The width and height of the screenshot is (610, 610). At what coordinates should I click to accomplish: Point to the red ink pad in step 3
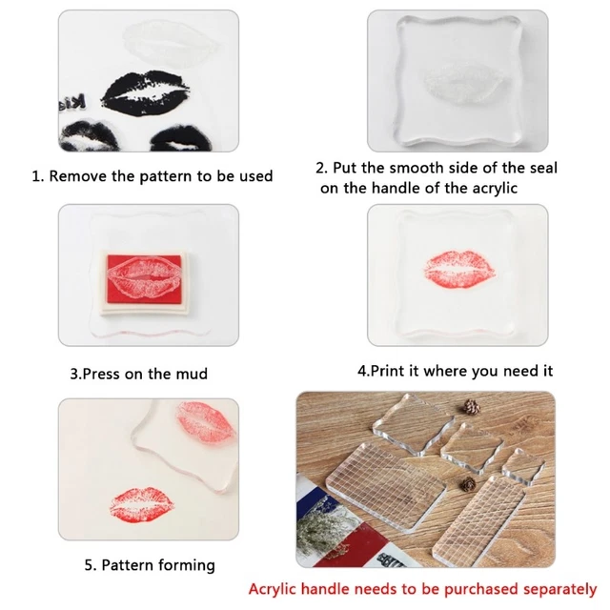tap(149, 275)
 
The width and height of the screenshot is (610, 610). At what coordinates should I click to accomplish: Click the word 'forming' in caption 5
tap(185, 565)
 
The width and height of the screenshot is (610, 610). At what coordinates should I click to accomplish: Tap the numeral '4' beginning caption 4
tap(362, 370)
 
